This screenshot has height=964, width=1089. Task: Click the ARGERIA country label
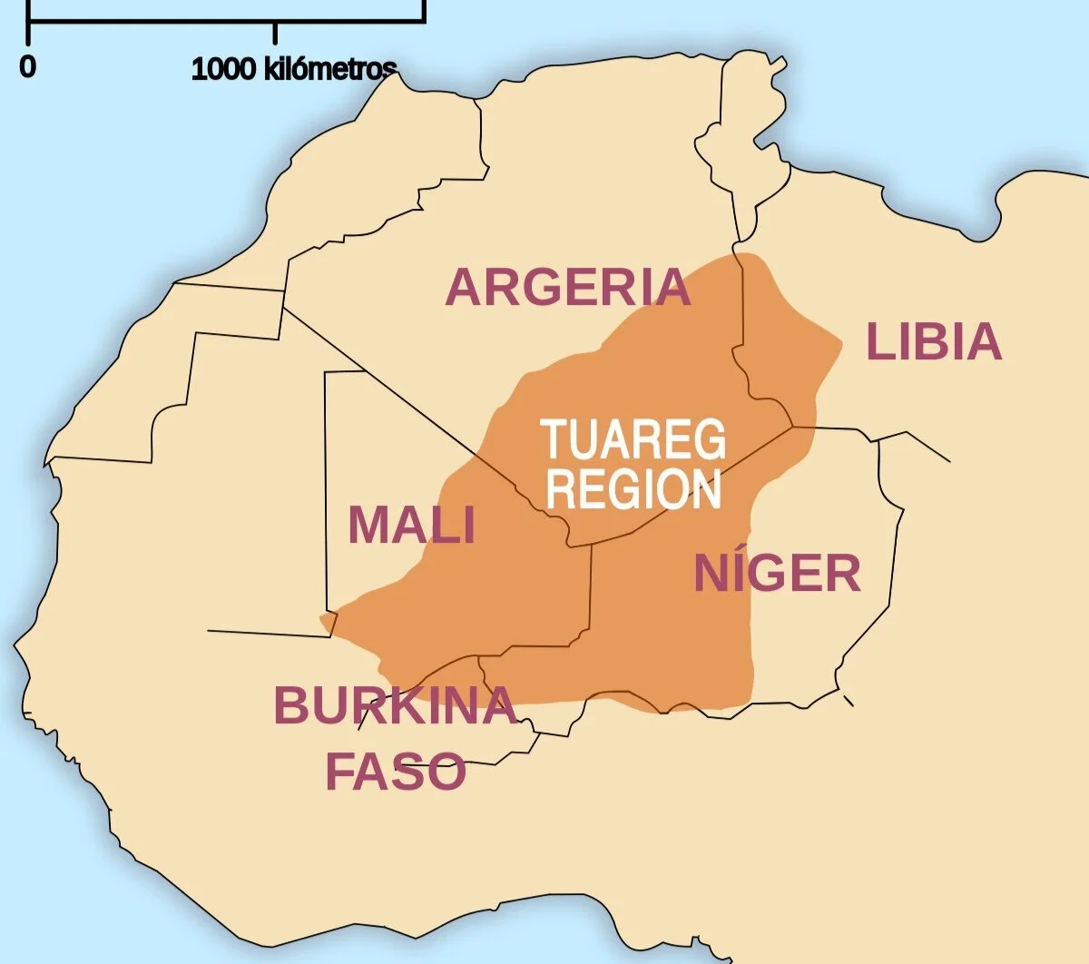pos(568,287)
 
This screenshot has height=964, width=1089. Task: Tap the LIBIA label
pos(934,342)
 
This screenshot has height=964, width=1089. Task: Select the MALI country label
pos(411,525)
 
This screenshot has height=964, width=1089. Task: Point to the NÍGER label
pos(777,573)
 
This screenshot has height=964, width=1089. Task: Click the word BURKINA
pos(395,705)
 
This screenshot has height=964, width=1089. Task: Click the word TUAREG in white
pos(634,440)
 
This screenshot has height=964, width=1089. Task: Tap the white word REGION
pos(634,489)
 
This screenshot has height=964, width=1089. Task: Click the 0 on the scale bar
pos(28,66)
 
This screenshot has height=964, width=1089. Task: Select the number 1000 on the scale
pos(223,68)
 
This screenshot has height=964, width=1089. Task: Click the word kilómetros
pos(330,68)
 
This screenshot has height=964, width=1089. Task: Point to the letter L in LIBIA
pos(878,342)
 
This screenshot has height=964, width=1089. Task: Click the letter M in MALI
pos(367,525)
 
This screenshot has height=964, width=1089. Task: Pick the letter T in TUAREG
pos(554,440)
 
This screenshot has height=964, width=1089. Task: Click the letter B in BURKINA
pos(291,705)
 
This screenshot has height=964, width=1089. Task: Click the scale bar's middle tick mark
pos(275,32)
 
